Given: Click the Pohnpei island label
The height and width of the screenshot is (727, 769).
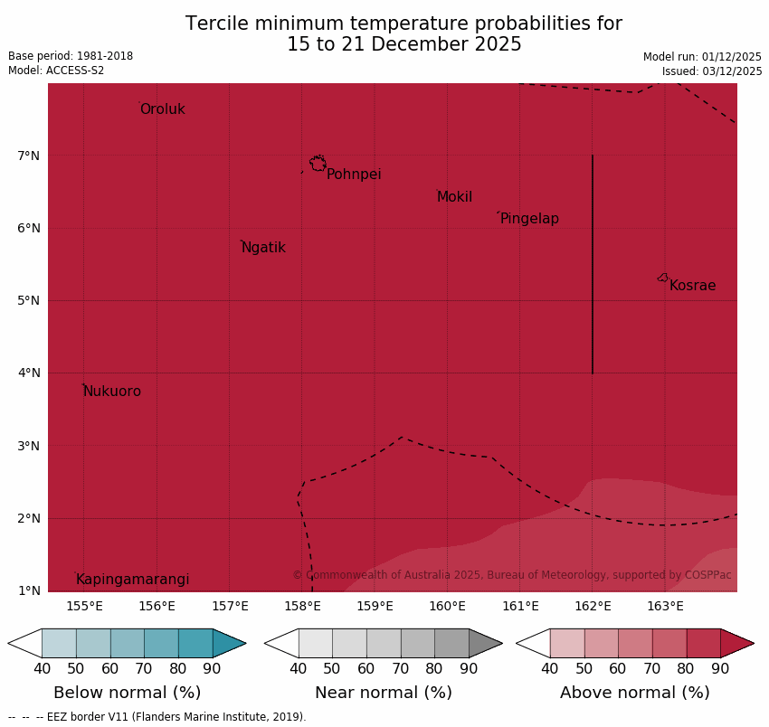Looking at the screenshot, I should coord(354,175).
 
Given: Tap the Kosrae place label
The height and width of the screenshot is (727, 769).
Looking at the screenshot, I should coord(692,286).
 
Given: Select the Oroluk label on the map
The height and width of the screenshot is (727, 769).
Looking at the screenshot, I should coord(162,109).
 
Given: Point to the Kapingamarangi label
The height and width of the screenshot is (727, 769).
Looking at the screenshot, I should coord(132,580).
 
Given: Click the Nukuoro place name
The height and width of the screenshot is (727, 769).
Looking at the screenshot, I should coord(112,392).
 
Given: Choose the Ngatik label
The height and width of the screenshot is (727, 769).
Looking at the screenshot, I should coord(263,248).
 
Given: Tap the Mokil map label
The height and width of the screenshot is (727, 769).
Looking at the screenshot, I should coord(454,197).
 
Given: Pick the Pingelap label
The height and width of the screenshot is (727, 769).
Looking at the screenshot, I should coord(529,219).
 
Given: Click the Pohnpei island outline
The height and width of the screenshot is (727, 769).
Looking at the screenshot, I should coord(318,164).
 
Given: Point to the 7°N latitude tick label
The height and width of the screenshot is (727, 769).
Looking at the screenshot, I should coord(29,156).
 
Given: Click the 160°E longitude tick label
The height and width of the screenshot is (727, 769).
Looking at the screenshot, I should coord(448,606).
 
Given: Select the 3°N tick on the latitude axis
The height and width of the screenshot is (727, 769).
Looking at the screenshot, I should coord(29,446).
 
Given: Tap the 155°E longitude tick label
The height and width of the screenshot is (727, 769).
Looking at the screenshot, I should coord(84,606).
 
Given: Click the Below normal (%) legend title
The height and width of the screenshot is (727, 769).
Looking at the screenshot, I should coord(127,693).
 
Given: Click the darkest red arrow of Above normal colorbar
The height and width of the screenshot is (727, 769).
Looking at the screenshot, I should coord(736,643).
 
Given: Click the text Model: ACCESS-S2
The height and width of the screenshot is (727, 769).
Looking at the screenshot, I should coord(56,71).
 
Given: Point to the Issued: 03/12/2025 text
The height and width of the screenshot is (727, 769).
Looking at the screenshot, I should coord(711,71).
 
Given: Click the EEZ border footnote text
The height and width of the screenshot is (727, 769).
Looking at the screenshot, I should coord(157,717).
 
